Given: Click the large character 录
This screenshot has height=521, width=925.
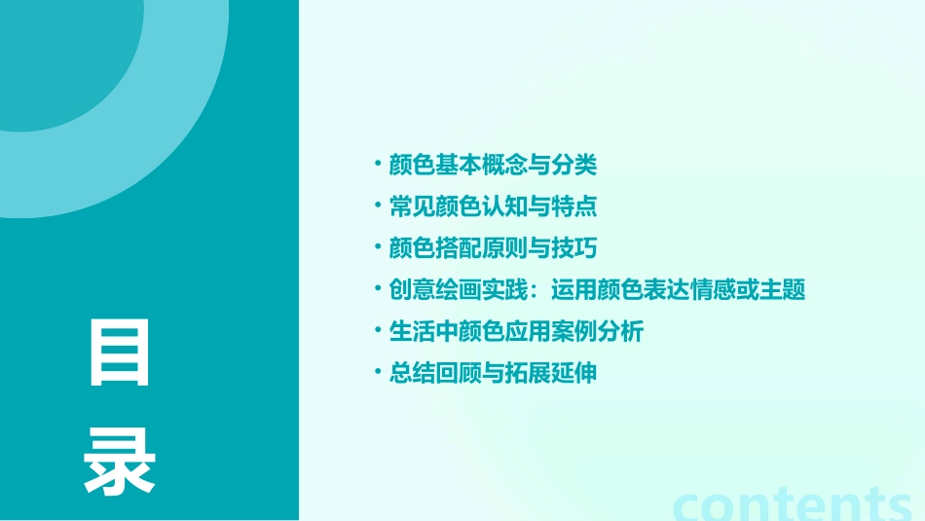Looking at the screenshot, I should tap(121, 461).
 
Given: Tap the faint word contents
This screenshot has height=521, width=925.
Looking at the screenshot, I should tap(794, 502).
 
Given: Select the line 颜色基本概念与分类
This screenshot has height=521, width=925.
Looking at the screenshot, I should tap(492, 166).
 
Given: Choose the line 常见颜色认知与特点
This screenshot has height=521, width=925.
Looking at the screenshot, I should tap(492, 207).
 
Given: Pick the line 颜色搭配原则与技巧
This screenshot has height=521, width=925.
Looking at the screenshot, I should tap(492, 248).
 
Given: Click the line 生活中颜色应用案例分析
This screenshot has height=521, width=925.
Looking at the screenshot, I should tap(515, 331).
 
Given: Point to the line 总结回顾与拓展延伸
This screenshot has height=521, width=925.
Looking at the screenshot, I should tap(492, 373).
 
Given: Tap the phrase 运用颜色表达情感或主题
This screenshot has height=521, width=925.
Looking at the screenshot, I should tap(678, 290).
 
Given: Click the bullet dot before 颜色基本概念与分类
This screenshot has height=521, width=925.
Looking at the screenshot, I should tap(379, 164).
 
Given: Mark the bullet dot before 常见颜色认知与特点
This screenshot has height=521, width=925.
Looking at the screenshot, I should tap(379, 205).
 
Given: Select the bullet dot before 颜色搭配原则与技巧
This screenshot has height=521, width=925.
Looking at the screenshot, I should tap(379, 247).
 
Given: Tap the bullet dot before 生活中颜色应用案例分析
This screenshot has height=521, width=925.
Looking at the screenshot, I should tap(379, 330).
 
